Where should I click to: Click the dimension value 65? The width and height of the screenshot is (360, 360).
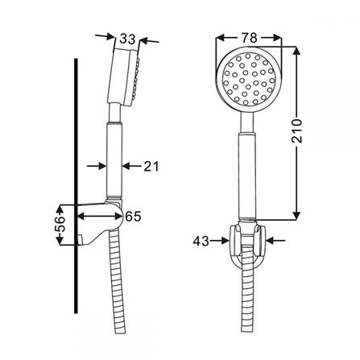click(x=133, y=215)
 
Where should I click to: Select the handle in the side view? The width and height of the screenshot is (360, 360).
click(x=114, y=157)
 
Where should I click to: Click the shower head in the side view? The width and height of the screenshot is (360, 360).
click(x=126, y=77)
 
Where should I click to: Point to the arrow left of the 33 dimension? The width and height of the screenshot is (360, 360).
click(x=102, y=35)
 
